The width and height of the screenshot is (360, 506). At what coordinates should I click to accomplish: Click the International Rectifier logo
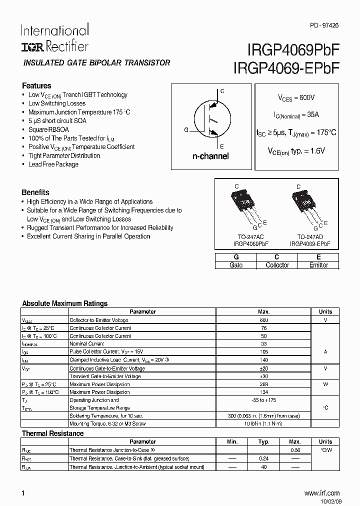point(54,38)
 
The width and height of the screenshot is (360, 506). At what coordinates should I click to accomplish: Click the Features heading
point(36,85)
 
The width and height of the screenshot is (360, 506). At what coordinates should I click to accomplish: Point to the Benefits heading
point(35,192)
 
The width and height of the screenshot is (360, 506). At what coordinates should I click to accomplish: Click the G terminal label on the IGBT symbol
point(186,130)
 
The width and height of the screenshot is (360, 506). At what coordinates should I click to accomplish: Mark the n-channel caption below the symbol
point(210,156)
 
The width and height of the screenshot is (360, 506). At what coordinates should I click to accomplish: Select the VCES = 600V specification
point(296,98)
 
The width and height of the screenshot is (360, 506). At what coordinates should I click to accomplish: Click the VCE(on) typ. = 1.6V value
point(296,150)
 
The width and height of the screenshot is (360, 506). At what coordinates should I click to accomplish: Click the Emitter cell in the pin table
point(318,265)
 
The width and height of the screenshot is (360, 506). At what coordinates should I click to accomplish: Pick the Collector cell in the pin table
point(277,265)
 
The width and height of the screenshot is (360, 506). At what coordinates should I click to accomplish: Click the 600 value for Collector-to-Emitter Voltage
point(264,320)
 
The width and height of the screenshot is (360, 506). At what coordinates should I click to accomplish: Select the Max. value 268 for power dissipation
point(264,384)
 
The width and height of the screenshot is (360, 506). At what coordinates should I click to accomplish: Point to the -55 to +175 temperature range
point(264,400)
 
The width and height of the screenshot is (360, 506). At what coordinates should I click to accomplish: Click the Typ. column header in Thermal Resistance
point(263,442)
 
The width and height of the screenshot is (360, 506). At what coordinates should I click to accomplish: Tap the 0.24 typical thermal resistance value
point(263,458)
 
